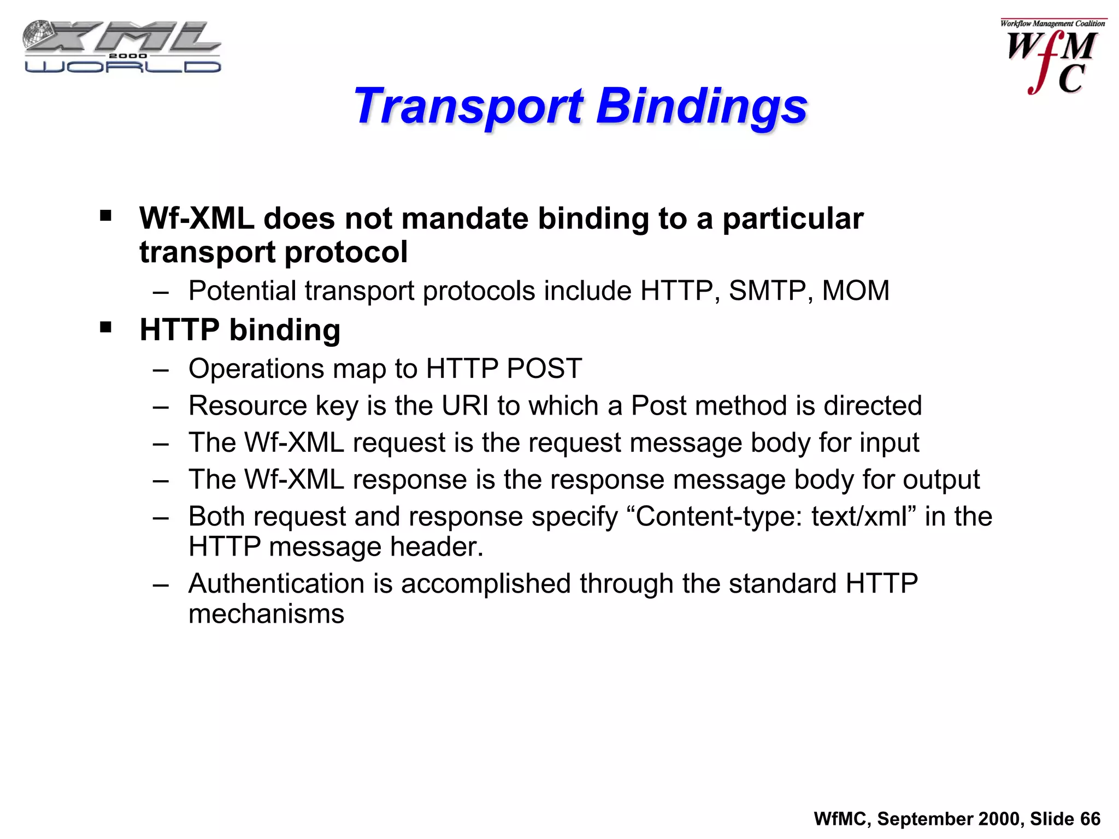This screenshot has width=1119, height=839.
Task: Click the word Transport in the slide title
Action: pos(469,107)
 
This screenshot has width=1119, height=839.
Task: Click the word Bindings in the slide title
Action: pos(702,107)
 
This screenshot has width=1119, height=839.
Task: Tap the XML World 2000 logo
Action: pos(121,47)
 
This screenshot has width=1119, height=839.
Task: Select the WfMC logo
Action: pos(1052,57)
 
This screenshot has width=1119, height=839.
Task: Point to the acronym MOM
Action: pos(856,291)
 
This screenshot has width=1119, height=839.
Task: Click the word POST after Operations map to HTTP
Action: pos(544,369)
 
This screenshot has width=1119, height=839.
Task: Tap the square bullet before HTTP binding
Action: pos(106,328)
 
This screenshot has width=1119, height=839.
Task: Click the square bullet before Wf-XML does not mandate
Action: pos(106,216)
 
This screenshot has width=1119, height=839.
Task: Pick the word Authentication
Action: pos(276,583)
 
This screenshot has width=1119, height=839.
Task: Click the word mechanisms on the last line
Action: pos(266,614)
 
